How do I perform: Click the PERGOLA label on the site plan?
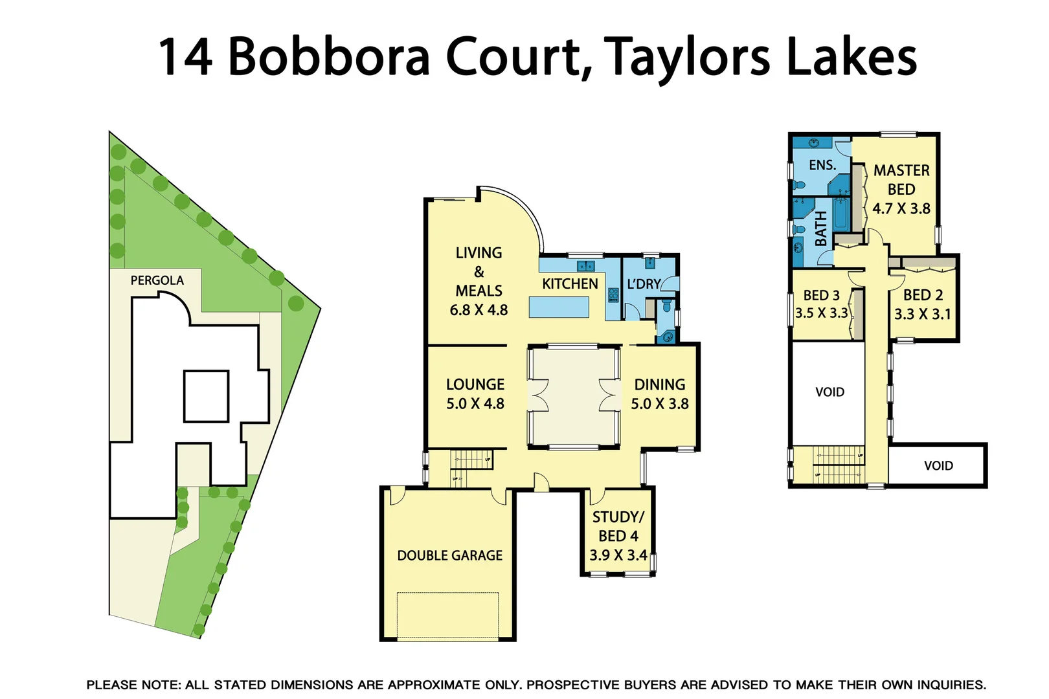(x=157, y=280)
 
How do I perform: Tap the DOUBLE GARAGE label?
(x=449, y=555)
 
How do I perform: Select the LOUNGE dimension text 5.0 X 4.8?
(x=475, y=404)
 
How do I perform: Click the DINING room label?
(x=659, y=384)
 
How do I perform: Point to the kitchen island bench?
(x=559, y=307)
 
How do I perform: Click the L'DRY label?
(x=643, y=284)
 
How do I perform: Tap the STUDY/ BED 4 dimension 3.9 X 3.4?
(x=618, y=555)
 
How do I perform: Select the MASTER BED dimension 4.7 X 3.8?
(x=901, y=208)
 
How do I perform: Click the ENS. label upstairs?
(x=822, y=165)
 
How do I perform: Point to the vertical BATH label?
(x=820, y=228)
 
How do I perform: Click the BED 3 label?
(x=821, y=295)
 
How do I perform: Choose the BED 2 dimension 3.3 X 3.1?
(x=922, y=315)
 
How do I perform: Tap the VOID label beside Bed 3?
(x=829, y=392)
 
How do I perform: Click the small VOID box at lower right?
(x=938, y=465)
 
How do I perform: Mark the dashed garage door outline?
(x=447, y=615)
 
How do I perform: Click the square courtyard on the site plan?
(x=206, y=396)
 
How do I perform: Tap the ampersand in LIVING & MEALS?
(x=479, y=272)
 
